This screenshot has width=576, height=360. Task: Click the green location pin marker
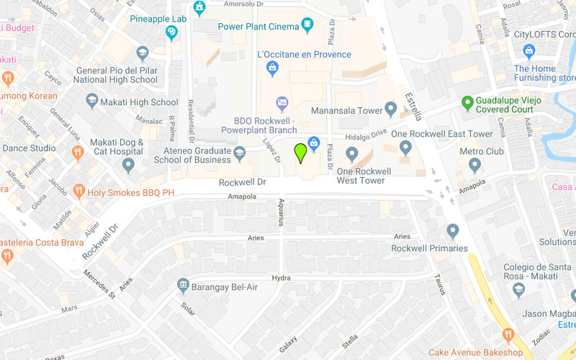(300, 153)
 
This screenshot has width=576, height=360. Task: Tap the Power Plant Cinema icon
(307, 26)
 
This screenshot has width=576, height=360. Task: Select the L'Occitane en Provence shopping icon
(272, 68)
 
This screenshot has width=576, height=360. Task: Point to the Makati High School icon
(91, 102)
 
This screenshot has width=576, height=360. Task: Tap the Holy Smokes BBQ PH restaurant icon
(78, 192)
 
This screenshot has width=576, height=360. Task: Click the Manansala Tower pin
(391, 109)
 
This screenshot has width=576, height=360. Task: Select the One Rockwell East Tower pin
(405, 148)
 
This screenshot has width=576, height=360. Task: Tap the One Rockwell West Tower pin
(352, 154)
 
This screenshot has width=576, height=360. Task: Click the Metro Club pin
(474, 165)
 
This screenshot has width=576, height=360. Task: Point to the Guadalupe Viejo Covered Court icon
(468, 104)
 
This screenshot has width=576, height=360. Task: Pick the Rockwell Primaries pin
(452, 232)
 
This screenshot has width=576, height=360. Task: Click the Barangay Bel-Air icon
(183, 287)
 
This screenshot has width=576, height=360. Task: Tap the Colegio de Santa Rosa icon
(518, 289)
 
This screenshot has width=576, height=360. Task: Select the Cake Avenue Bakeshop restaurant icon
(508, 336)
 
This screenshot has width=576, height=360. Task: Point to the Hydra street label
(281, 278)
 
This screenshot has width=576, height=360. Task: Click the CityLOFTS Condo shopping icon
(529, 51)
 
